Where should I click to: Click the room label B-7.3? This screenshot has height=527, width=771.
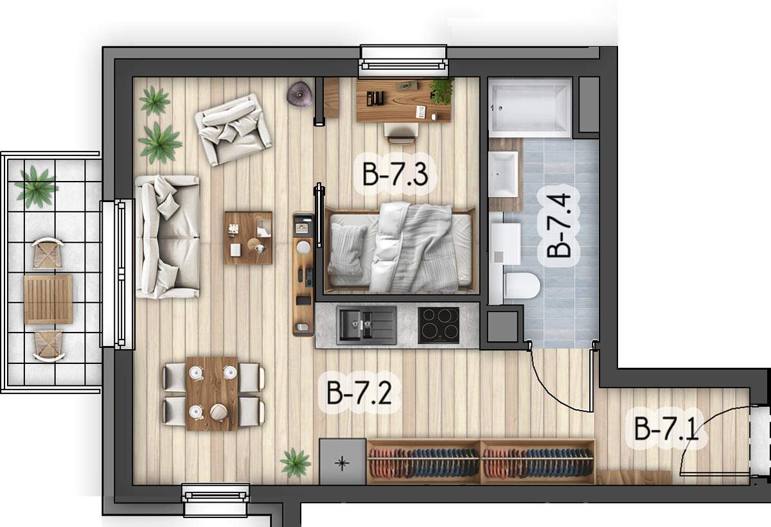pos(395,175)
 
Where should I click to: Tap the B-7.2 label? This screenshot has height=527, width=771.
pos(359,393)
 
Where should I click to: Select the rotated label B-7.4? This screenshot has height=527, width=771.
pos(558,226)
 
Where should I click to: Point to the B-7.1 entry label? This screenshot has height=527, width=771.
pos(666,428)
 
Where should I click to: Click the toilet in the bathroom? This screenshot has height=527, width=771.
pos(521,286)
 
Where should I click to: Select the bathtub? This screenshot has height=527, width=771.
pos(530,108)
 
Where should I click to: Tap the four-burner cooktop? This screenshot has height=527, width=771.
pos(438,325)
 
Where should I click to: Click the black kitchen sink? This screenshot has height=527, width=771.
pos(366,325)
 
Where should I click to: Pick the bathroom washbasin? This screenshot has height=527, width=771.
pos(503,175)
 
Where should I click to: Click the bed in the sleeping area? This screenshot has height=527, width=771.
pos(400,249)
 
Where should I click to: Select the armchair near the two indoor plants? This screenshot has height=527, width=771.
pos(233,129)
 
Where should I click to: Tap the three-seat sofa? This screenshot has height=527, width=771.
pos(168,236)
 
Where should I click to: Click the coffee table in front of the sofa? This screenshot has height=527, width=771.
pos(248,238)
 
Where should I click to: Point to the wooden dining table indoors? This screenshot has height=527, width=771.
pos(212,393)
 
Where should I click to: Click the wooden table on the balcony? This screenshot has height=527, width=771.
pos(48,299)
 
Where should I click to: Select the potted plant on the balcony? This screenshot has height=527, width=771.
pos(36,187)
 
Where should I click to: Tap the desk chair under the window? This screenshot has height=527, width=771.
pos(401,134)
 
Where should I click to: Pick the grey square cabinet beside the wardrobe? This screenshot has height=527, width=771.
pos(342,462)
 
